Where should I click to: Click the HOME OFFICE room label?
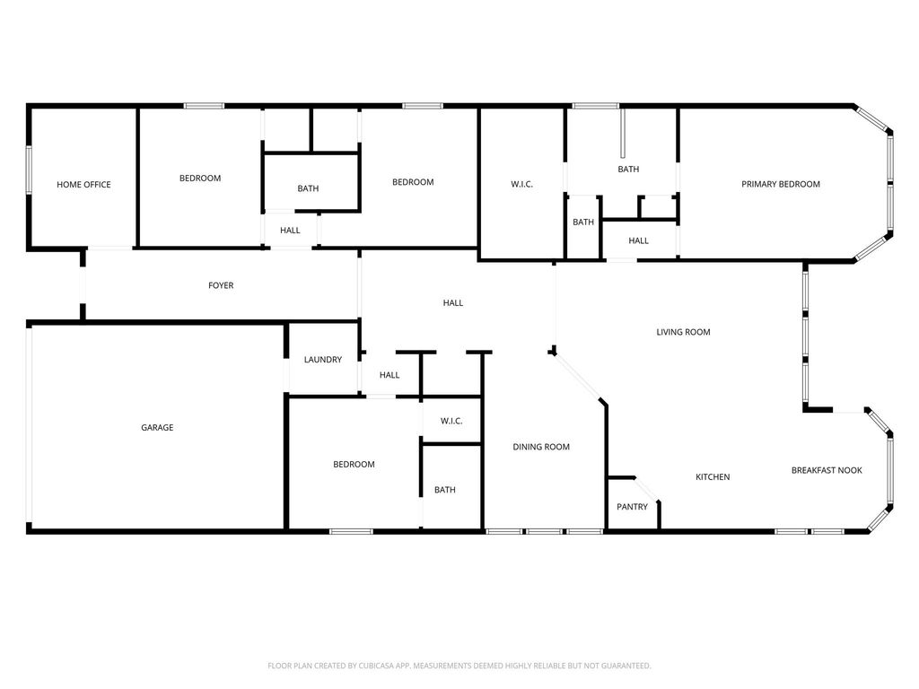click(x=83, y=185)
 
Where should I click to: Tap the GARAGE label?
click(x=157, y=428)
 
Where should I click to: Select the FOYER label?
click(x=221, y=285)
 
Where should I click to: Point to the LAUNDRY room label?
click(x=323, y=360)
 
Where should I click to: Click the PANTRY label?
click(x=633, y=507)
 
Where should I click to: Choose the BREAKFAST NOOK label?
click(x=827, y=470)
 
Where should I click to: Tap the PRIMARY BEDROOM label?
click(x=781, y=184)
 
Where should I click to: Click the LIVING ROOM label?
click(x=683, y=332)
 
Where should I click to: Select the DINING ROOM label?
click(x=541, y=447)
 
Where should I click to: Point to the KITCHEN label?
click(x=713, y=477)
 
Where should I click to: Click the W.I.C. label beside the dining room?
click(x=452, y=422)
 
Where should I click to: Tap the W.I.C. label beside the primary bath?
click(x=522, y=185)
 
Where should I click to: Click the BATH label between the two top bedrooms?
click(x=309, y=188)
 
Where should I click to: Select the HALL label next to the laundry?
click(x=389, y=375)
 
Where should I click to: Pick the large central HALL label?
click(x=453, y=303)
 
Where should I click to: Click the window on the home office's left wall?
click(x=28, y=170)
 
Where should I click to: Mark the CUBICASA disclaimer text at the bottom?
click(x=459, y=666)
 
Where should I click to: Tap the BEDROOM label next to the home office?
click(x=200, y=179)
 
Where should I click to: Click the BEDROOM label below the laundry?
click(x=354, y=465)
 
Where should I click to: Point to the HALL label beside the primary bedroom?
click(x=639, y=240)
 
